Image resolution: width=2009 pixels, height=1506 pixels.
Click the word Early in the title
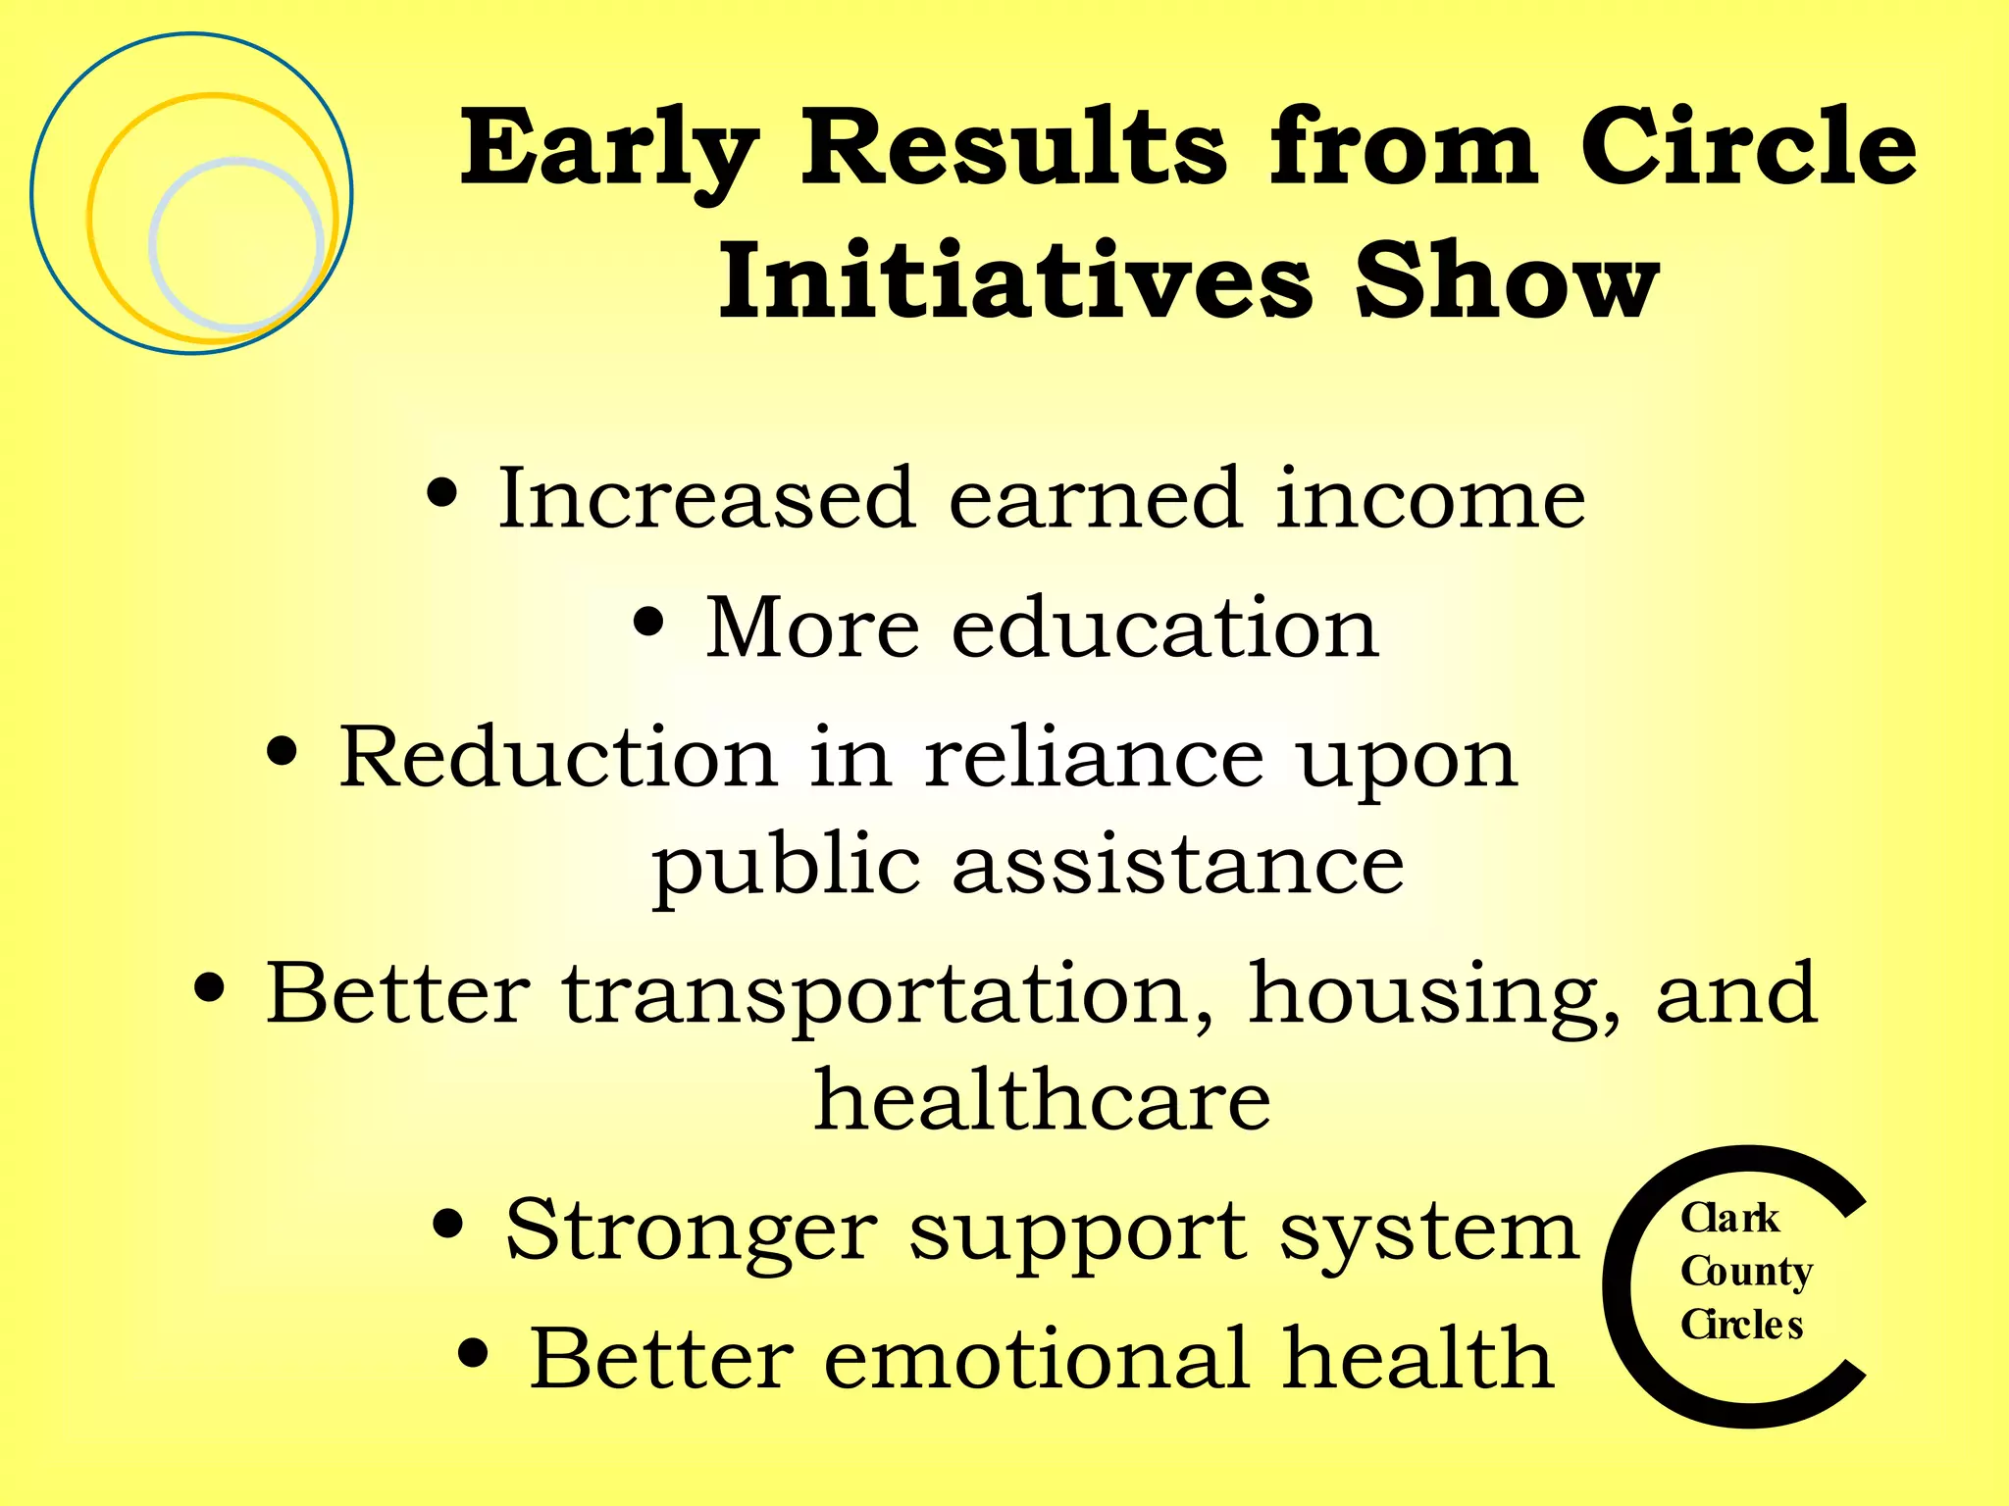tap(608, 149)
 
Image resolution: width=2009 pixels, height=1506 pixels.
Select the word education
tap(1164, 627)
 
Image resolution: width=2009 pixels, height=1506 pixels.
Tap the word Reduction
tap(558, 757)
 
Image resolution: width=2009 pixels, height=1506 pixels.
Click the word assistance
tap(1178, 866)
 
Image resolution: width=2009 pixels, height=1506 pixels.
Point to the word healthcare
tap(1043, 1101)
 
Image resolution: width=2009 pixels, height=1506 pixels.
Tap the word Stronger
tap(691, 1231)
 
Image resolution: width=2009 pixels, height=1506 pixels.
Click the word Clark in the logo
tap(1729, 1219)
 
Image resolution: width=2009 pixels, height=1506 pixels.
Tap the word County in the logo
tap(1746, 1273)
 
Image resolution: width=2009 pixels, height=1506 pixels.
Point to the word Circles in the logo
tap(1741, 1325)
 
